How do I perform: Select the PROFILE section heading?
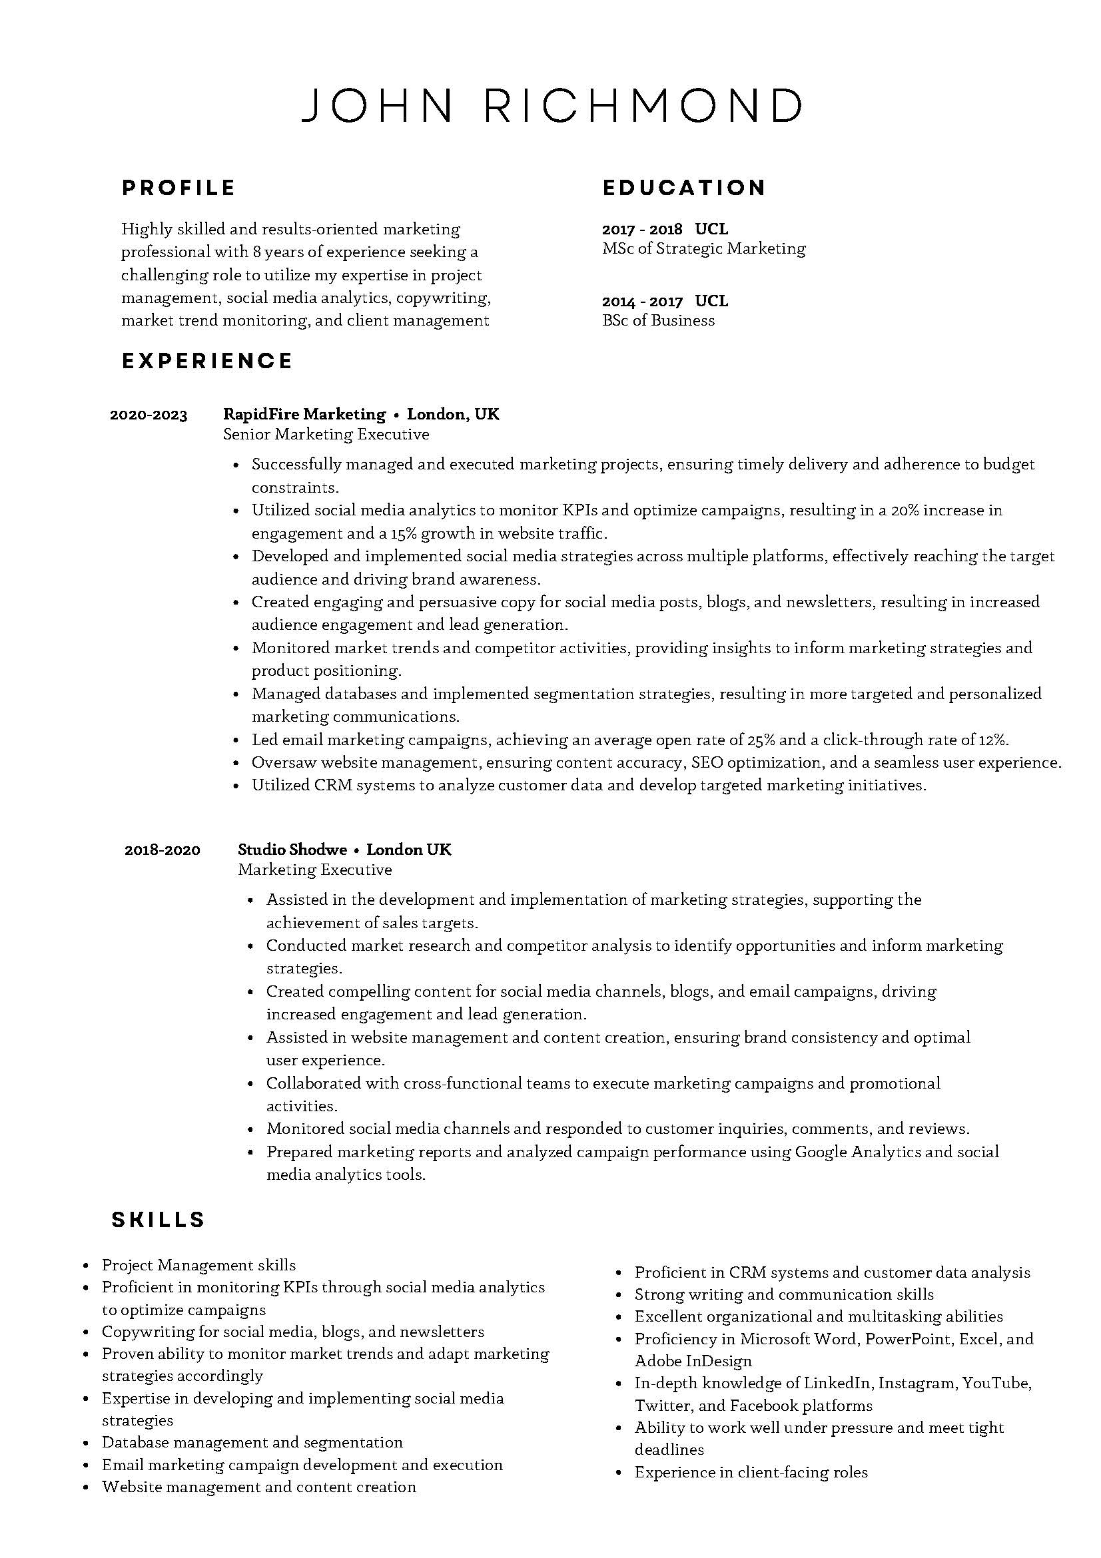coord(179,188)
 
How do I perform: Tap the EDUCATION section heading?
coord(684,188)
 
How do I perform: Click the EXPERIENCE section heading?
coord(207,360)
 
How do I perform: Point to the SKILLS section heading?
coord(158,1220)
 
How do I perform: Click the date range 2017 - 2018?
coord(642,229)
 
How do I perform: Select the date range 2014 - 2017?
coord(642,302)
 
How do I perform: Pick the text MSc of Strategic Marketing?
coord(704,249)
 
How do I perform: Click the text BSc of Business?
coord(659,321)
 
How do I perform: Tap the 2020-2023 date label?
coord(149,415)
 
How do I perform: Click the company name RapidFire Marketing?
coord(304,415)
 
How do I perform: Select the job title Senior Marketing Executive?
coord(326,434)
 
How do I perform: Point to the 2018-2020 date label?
coord(163,850)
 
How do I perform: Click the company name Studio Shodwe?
coord(292,850)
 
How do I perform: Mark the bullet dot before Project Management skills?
coord(86,1266)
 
